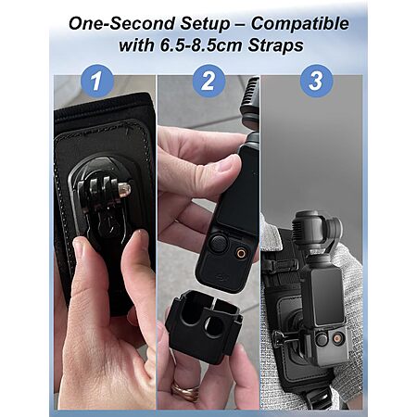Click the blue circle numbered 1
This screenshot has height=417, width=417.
[x=97, y=81]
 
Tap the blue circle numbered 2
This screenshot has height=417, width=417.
[x=208, y=81]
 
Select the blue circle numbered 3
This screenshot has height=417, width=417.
[x=316, y=81]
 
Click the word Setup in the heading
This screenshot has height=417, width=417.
[x=205, y=24]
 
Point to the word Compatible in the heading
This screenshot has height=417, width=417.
[x=299, y=24]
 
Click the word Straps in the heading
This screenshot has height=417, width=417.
[x=275, y=45]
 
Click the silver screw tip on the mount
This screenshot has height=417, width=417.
[x=124, y=190]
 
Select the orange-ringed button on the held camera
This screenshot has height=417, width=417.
[x=240, y=253]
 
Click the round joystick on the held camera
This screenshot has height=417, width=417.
[x=218, y=243]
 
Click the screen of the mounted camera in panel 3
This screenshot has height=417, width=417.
[x=328, y=297]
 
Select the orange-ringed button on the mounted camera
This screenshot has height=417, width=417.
[x=337, y=339]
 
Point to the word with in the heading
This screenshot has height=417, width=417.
[x=136, y=45]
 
